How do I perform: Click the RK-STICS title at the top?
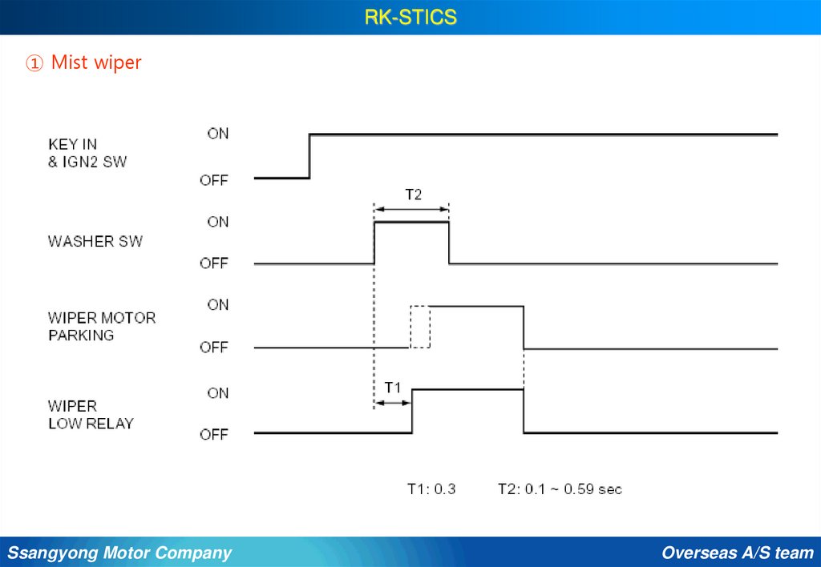pos(410,17)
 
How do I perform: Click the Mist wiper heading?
pos(84,62)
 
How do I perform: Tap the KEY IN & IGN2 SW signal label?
pos(87,153)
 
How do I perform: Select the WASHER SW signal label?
pos(95,241)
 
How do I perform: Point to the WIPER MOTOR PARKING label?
pos(102,326)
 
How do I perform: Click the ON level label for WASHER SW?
pos(218,222)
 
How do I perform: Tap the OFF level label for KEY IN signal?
pos(214,180)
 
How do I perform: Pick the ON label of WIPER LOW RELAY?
pos(218,393)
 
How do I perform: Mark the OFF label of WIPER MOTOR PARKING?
pos(214,348)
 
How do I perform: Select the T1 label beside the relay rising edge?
pos(393,388)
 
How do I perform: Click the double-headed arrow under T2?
pos(411,209)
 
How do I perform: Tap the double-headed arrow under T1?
pos(393,402)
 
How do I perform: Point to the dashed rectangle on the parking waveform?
pos(420,327)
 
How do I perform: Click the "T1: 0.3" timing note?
pos(431,489)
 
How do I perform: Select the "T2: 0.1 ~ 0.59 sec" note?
pos(560,489)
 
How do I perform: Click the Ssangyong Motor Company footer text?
pos(119,553)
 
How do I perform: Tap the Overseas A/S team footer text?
pos(738,553)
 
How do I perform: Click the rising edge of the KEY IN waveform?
pos(310,156)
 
